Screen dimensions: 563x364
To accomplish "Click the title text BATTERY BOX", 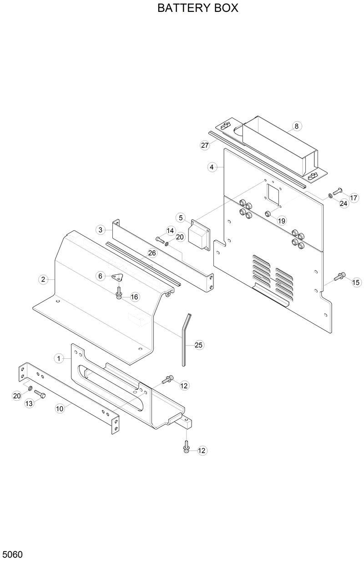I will [197, 8].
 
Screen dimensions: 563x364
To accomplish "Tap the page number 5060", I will [13, 554].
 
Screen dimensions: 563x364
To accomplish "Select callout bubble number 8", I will [296, 126].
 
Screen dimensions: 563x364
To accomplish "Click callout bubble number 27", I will [205, 145].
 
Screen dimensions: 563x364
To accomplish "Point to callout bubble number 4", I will [212, 167].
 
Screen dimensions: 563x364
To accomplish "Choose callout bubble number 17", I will [354, 198].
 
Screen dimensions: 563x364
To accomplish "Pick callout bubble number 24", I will [344, 203].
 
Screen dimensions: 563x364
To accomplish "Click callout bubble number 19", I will [282, 221].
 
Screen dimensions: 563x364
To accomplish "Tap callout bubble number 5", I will [181, 218].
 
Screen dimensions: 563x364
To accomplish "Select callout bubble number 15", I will [356, 282].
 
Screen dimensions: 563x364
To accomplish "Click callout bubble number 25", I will [198, 345].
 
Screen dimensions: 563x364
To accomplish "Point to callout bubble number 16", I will [134, 297].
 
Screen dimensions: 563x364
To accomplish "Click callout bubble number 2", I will [43, 279].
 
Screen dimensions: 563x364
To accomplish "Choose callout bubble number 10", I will [60, 409].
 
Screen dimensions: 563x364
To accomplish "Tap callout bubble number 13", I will [29, 403].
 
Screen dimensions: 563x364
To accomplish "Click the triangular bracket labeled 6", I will [117, 277].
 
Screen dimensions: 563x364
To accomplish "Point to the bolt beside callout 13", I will [40, 394].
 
